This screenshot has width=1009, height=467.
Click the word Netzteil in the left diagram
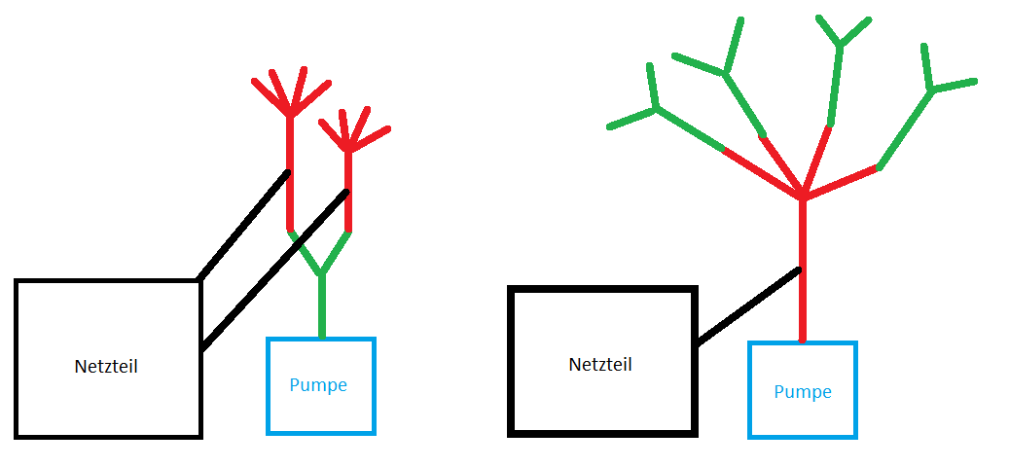(106, 367)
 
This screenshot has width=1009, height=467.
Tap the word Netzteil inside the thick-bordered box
(600, 365)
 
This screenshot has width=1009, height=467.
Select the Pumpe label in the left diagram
(318, 385)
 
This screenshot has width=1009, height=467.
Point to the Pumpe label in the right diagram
(803, 392)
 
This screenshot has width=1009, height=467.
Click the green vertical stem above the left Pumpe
(322, 306)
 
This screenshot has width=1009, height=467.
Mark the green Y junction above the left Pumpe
(322, 272)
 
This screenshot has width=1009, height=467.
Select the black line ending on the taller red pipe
(243, 226)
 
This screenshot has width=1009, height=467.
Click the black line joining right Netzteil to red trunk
(748, 305)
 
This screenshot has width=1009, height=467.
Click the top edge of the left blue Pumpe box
(321, 340)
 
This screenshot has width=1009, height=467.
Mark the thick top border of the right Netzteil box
(603, 290)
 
